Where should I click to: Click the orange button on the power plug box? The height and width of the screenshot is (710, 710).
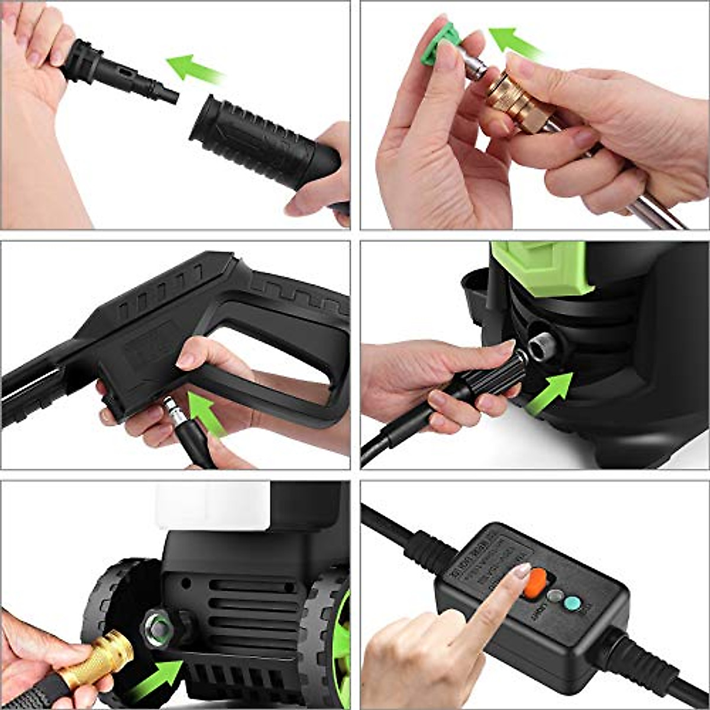[x=536, y=583]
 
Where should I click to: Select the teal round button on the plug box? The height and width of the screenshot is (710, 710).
[x=572, y=603]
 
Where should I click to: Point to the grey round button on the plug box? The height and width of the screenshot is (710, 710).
[x=554, y=596]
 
